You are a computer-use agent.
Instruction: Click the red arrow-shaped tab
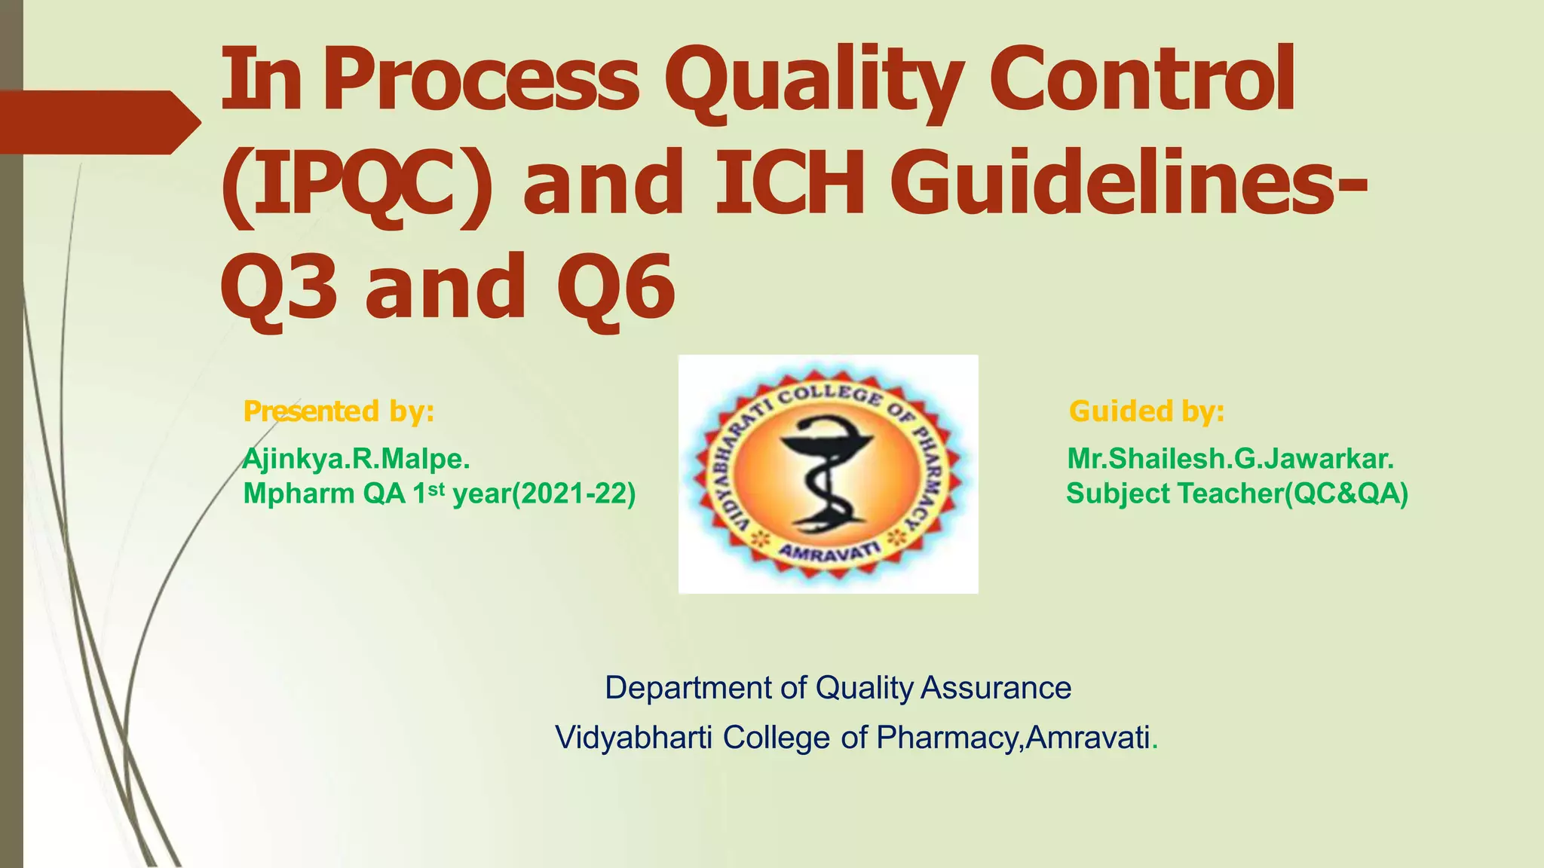tap(98, 122)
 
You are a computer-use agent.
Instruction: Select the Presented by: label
tap(339, 411)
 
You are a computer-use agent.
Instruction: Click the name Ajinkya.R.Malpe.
tap(356, 458)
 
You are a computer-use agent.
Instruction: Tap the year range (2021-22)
tap(574, 494)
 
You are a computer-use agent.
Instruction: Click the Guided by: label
tap(1146, 411)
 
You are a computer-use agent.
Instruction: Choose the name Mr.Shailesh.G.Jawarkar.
tap(1230, 458)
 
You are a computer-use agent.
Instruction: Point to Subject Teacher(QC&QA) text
tap(1236, 494)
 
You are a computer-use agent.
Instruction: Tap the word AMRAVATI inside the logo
tap(828, 552)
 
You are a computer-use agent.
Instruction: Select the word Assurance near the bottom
tap(996, 688)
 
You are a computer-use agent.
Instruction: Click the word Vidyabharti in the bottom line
tap(633, 737)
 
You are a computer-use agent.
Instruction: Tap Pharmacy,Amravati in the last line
tap(1013, 737)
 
